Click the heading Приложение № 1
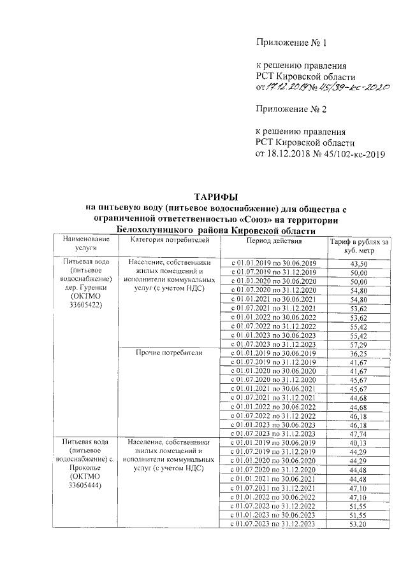click(x=291, y=43)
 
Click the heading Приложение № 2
click(x=291, y=109)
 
